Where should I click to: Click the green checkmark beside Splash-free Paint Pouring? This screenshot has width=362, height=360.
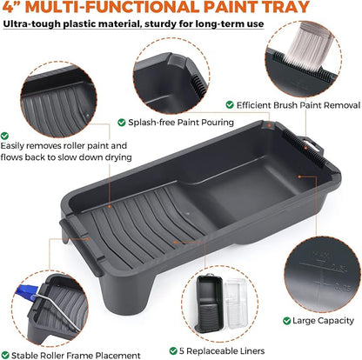tap(122, 123)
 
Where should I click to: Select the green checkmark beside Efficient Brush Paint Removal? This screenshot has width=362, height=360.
tap(230, 104)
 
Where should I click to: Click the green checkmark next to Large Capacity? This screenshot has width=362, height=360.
tap(286, 321)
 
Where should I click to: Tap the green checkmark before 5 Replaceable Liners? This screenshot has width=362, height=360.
tap(173, 351)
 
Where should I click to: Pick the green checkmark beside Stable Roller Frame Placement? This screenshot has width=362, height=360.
tap(5, 355)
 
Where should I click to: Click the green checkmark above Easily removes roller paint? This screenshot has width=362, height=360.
tap(4, 136)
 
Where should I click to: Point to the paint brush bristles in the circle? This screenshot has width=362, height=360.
tap(308, 46)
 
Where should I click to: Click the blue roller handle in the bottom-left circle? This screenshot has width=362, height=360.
tap(27, 290)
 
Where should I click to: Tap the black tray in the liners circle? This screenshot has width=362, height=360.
tap(209, 303)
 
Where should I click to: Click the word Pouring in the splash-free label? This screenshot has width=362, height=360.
tap(219, 123)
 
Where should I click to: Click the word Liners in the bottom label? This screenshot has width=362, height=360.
tap(250, 351)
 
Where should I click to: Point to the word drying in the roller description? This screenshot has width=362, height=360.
tap(118, 157)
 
